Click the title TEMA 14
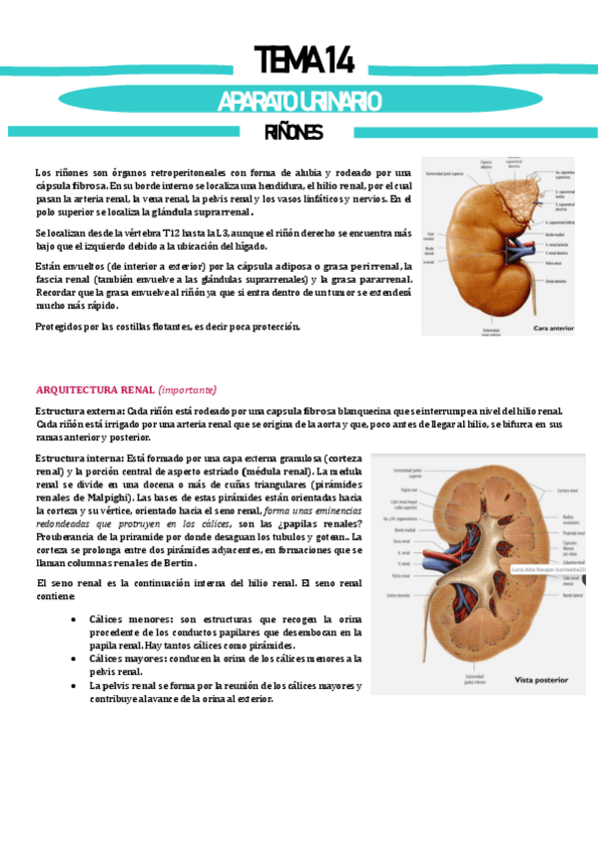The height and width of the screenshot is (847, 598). (x=302, y=60)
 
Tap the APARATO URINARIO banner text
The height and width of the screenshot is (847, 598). (x=299, y=101)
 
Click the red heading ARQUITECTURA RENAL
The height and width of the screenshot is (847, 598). (x=95, y=390)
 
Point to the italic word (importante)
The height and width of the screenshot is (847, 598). (x=187, y=390)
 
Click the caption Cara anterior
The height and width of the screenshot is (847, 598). (x=554, y=327)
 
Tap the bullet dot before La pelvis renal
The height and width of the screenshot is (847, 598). (x=76, y=686)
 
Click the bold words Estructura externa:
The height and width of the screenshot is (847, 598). (x=80, y=412)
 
